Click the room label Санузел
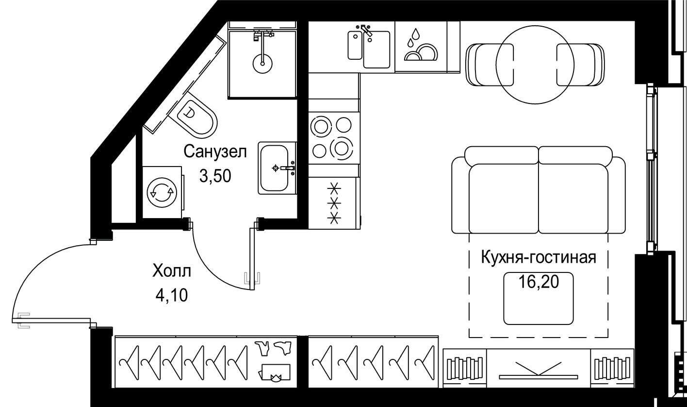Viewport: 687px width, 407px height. coord(215,152)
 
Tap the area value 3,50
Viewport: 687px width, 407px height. coord(215,175)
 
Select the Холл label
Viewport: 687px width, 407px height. coord(171,271)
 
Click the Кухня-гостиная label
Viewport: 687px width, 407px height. coord(538,257)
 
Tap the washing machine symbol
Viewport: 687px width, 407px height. coord(162,192)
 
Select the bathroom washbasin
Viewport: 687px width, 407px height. coord(276,168)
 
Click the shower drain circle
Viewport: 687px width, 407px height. coord(262,62)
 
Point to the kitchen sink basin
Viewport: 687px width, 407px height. coord(376,50)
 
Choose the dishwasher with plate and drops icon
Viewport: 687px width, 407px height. coord(420,47)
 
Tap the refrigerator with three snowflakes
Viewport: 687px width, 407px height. coord(334,203)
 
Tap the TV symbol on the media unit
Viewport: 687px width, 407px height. coord(538,370)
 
